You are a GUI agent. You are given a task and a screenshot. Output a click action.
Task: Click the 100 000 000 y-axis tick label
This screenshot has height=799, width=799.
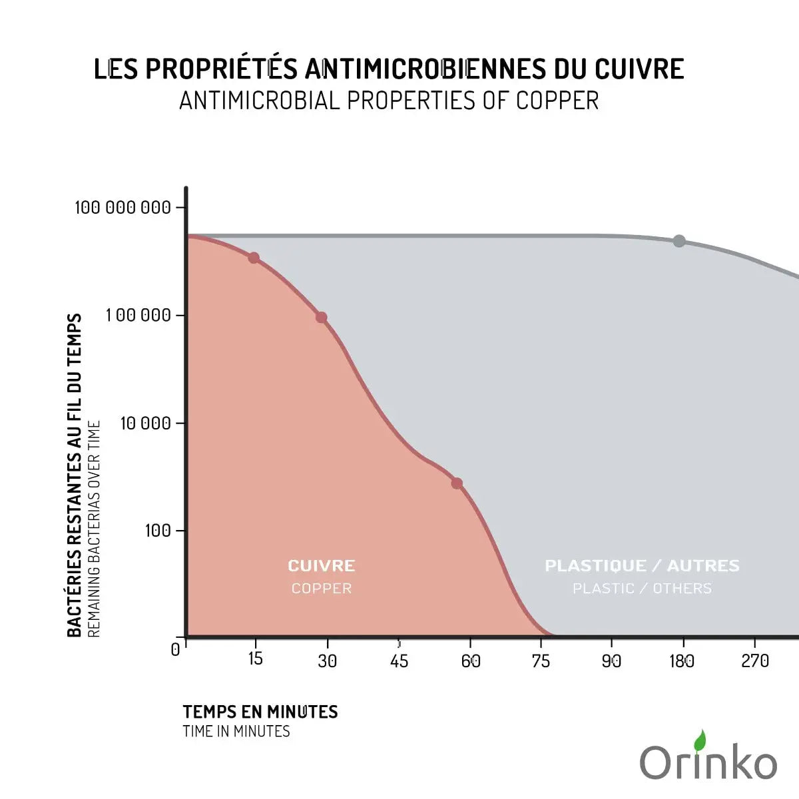point(123,207)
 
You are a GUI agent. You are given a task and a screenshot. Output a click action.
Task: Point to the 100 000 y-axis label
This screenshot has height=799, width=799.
point(138,315)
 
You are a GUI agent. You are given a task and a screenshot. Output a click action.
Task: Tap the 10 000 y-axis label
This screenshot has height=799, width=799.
point(145,423)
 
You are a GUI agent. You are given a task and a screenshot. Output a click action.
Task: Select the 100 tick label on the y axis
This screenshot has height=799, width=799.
point(158,531)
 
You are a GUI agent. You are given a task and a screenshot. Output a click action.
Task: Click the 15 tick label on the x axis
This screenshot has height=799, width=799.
point(256,659)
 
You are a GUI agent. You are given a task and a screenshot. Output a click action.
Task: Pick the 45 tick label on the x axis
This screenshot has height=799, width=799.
point(399,661)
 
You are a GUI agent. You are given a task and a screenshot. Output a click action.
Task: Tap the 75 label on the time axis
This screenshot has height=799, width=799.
point(541,661)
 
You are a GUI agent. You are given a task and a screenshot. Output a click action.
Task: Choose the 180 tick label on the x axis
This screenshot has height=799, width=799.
point(682,661)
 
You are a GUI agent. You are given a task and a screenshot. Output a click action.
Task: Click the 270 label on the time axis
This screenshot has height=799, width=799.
point(755,661)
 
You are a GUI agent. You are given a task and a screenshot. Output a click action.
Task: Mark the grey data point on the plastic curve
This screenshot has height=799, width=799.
point(678,241)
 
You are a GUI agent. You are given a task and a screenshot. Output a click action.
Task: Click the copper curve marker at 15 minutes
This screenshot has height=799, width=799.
point(254,258)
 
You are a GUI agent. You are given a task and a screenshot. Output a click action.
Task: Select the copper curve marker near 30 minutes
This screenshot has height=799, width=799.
point(321,318)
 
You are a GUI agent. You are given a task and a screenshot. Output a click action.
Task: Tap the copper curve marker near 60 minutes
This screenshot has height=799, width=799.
point(457,483)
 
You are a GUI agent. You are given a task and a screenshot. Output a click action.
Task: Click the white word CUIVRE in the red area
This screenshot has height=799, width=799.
point(322,566)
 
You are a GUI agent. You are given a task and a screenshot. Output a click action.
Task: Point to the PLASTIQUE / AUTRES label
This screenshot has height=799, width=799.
point(642,566)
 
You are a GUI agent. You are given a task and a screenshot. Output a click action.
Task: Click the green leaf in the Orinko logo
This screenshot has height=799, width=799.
point(700,740)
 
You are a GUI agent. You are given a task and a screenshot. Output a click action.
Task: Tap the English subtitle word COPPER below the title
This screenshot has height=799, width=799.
point(557,101)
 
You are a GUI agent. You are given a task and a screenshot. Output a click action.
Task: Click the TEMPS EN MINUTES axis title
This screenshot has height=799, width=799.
point(260,712)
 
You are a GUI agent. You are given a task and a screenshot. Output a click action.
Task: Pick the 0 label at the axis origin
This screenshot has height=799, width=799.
point(175,650)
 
